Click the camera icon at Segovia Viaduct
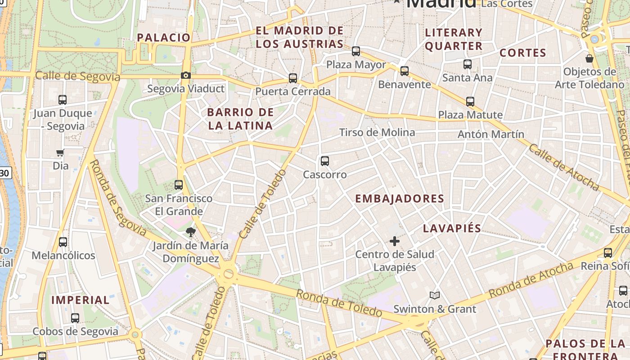pyautogui.click(x=186, y=76)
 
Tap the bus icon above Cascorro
pyautogui.click(x=324, y=161)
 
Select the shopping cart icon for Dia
pyautogui.click(x=60, y=153)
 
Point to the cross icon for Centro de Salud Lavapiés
pyautogui.click(x=395, y=241)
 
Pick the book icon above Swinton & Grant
pyautogui.click(x=434, y=296)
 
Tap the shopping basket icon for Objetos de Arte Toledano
pyautogui.click(x=589, y=58)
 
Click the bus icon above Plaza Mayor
pyautogui.click(x=356, y=51)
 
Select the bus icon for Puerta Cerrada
pyautogui.click(x=293, y=78)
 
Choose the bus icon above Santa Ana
pyautogui.click(x=468, y=64)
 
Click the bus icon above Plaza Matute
pyautogui.click(x=470, y=102)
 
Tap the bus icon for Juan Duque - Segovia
pyautogui.click(x=63, y=100)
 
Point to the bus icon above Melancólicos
pyautogui.click(x=63, y=242)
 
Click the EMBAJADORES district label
pyautogui.click(x=400, y=198)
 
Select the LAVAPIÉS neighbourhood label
pyautogui.click(x=452, y=228)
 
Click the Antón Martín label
pyautogui.click(x=491, y=134)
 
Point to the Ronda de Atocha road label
pyautogui.click(x=531, y=279)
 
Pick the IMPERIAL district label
pyautogui.click(x=81, y=300)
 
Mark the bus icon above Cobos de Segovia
pyautogui.click(x=75, y=318)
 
